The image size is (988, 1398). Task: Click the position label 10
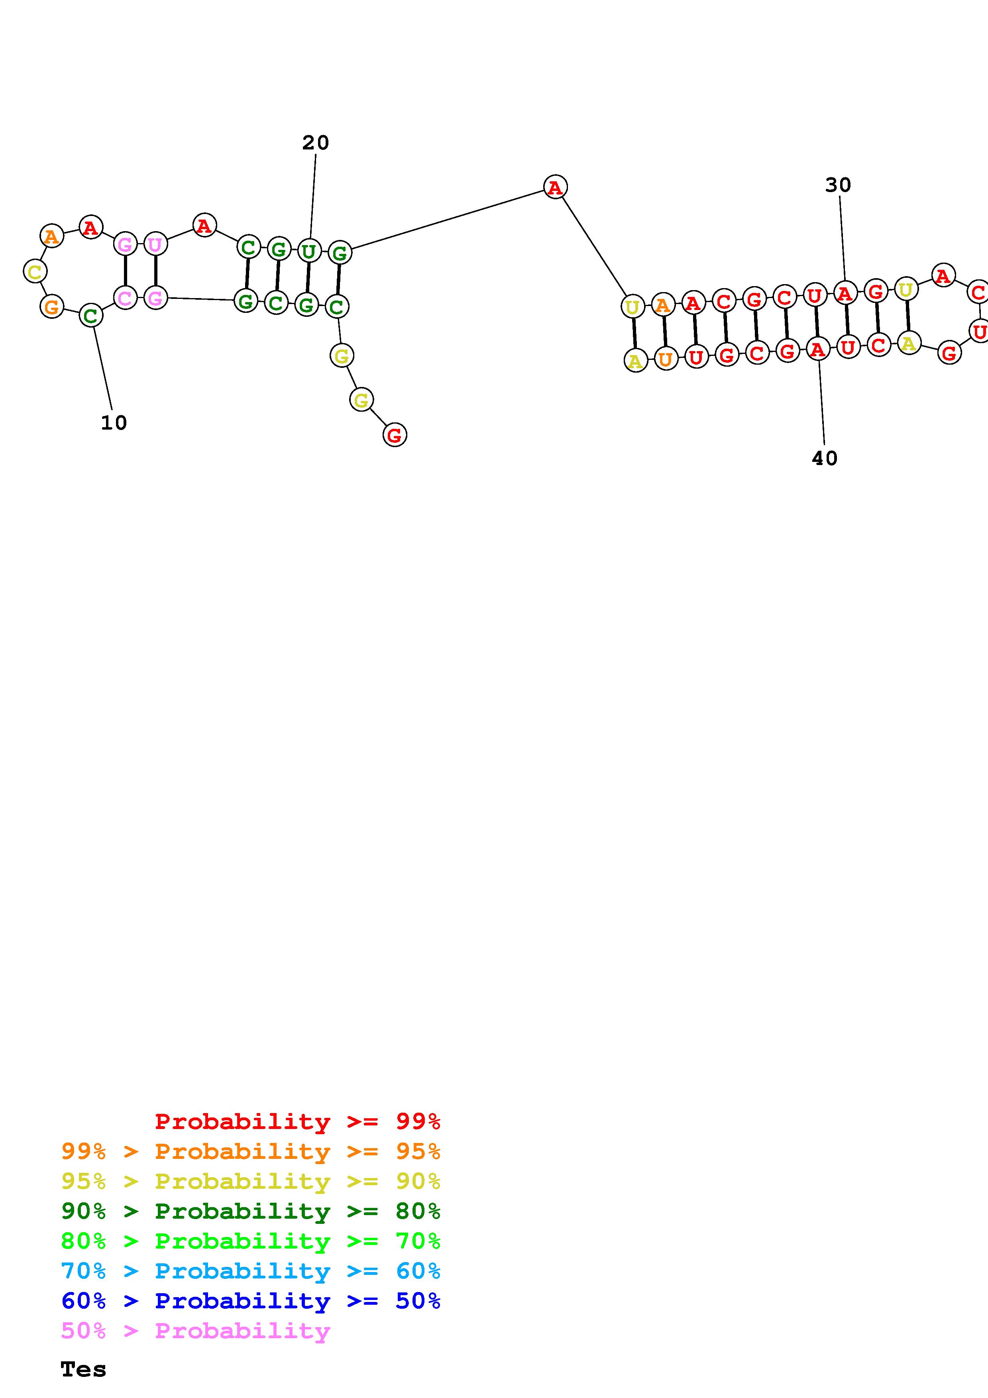tap(114, 422)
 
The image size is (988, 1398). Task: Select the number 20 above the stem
tap(315, 143)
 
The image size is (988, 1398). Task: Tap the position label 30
tap(838, 185)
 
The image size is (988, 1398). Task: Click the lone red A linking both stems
tap(554, 187)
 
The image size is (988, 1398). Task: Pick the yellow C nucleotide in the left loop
tap(35, 271)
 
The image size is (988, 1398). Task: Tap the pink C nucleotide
tap(125, 298)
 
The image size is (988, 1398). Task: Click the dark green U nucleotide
tap(308, 251)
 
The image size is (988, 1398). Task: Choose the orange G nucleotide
tap(52, 306)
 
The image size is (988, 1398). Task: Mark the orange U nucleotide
tap(665, 359)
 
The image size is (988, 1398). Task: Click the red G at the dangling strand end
tap(395, 435)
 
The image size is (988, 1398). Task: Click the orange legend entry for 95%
tap(250, 1151)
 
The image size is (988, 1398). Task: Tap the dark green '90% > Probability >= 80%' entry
tap(250, 1211)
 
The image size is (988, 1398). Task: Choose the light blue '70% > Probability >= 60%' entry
tap(250, 1271)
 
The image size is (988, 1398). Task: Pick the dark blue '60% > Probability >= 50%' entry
tap(250, 1301)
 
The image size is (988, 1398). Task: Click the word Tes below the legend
tap(83, 1369)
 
